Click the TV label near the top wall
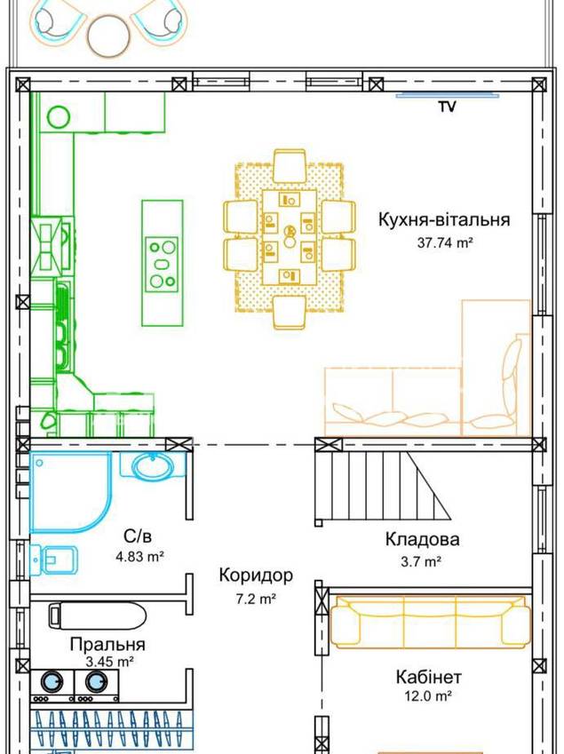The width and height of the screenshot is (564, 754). tap(447, 107)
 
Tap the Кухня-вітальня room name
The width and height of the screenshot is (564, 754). tap(444, 219)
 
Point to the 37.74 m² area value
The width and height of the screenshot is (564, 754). tap(445, 242)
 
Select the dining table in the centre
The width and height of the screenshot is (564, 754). tap(290, 237)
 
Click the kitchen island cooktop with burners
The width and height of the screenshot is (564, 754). tap(162, 264)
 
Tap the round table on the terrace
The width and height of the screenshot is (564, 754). tap(108, 36)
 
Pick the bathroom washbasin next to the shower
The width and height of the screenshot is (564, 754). tap(152, 465)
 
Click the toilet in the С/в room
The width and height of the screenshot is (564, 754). tap(54, 559)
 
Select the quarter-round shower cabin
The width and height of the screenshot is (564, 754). tap(71, 492)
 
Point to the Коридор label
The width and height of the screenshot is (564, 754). tap(256, 575)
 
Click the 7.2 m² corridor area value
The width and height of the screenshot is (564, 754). tap(255, 599)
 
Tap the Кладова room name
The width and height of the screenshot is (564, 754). tap(422, 539)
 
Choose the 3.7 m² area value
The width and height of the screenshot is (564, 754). tap(421, 561)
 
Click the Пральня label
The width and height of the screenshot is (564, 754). tap(107, 644)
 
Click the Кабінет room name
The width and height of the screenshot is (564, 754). tap(429, 677)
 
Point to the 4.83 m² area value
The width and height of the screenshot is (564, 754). tap(140, 557)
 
